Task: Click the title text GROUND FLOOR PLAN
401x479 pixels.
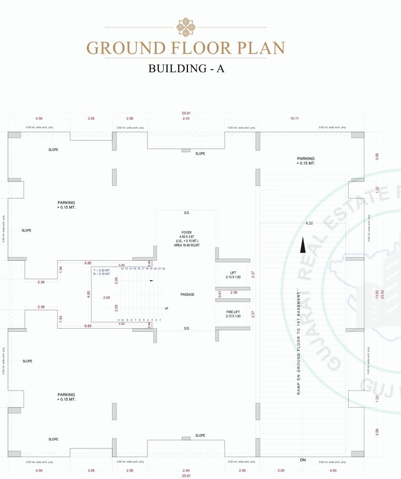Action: tap(186, 48)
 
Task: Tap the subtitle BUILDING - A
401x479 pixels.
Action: tap(186, 69)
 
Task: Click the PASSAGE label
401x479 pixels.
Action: tap(187, 294)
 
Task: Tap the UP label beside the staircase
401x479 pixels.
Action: tap(166, 309)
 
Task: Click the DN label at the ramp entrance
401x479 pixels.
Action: tap(303, 460)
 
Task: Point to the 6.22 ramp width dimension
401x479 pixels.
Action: tap(309, 223)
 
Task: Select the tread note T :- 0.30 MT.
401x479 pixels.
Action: tap(101, 269)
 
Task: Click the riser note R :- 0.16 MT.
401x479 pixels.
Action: tap(101, 274)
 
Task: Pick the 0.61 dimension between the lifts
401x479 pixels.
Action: tap(220, 294)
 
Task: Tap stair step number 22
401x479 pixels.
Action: tap(163, 268)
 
